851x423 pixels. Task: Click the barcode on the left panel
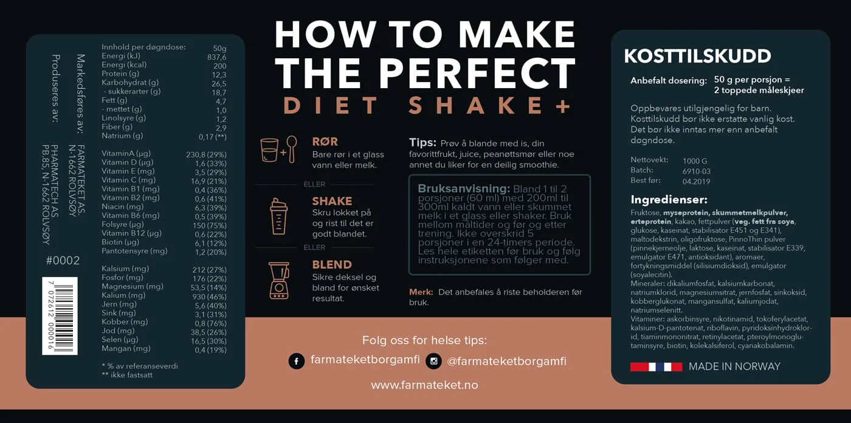[x=60, y=316]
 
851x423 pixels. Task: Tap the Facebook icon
[x=297, y=361]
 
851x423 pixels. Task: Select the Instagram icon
[x=433, y=361]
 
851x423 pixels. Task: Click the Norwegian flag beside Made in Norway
[x=656, y=367]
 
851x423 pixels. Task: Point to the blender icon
[x=279, y=281]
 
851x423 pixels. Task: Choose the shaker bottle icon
[x=279, y=216]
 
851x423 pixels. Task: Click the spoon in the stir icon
[x=292, y=150]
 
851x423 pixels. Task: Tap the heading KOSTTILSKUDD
[x=698, y=56]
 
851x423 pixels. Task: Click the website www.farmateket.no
[x=424, y=385]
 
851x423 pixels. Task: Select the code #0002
[x=63, y=261]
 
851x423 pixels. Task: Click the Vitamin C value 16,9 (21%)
[x=208, y=181]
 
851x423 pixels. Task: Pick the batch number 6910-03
[x=697, y=171]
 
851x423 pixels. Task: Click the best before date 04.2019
[x=696, y=182]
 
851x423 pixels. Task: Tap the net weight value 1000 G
[x=695, y=161]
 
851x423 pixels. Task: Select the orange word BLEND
[x=332, y=264]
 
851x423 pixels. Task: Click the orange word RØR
[x=325, y=142]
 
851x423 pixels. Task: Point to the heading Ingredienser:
[x=669, y=199]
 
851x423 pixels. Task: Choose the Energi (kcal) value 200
[x=220, y=66]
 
